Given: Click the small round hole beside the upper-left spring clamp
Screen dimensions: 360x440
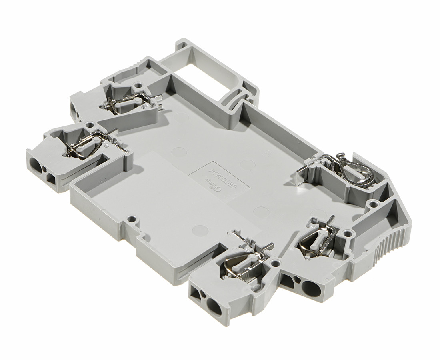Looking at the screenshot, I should (138, 85).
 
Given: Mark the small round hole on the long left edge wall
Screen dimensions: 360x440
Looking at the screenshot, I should (130, 219).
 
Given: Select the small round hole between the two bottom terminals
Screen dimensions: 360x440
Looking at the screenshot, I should (274, 263).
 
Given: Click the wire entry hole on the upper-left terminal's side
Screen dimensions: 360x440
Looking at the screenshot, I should (75, 109).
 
